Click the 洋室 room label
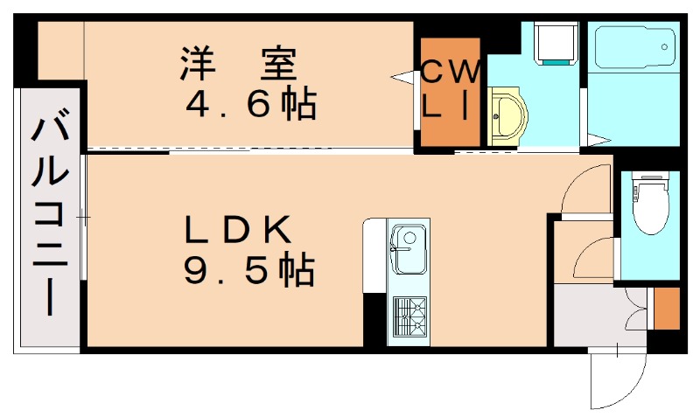(239, 63)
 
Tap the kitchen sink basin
(407, 247)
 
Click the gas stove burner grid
(409, 316)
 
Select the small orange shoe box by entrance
(666, 308)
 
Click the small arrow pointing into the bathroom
(599, 138)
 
